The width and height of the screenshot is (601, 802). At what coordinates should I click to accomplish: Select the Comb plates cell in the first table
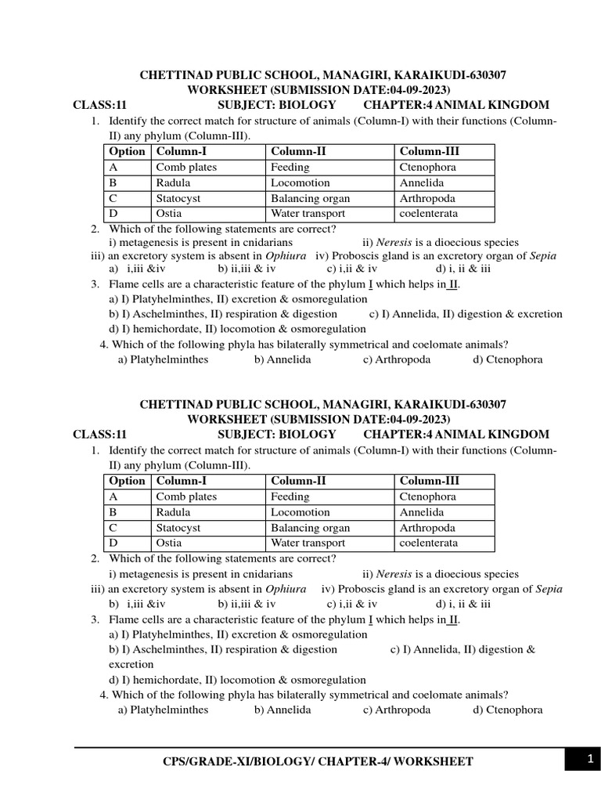tap(186, 167)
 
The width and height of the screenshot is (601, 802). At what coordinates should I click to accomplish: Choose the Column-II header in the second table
tap(300, 481)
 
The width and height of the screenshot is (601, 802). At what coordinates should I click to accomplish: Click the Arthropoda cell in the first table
tap(427, 198)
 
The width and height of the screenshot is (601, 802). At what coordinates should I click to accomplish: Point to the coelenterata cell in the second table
tap(429, 543)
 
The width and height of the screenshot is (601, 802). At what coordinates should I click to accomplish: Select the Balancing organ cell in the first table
tap(310, 198)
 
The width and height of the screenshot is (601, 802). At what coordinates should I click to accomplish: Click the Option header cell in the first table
tap(127, 151)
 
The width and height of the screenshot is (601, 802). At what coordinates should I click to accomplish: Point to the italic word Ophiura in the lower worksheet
tap(286, 589)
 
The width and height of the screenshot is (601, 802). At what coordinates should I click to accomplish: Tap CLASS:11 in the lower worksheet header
tap(99, 434)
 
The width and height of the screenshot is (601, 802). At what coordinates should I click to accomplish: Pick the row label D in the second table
tap(113, 543)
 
